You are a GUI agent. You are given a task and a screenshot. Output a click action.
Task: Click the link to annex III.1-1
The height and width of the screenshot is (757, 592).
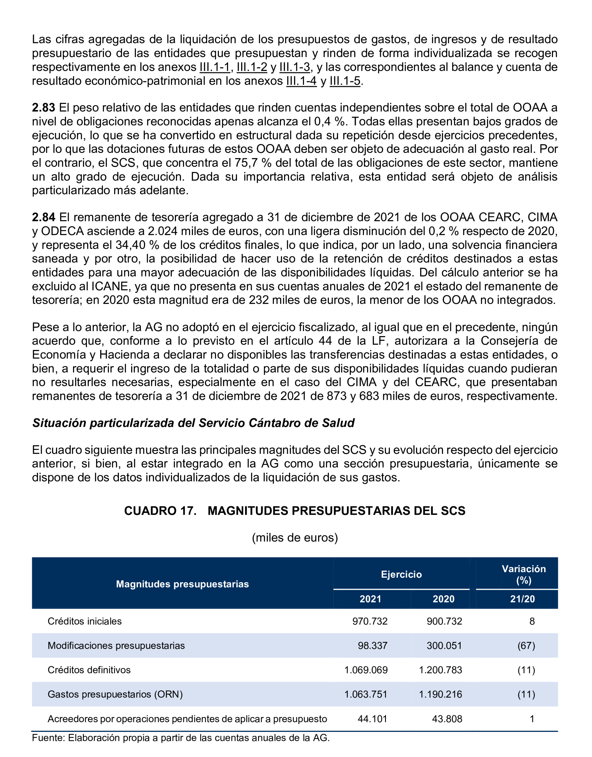(x=215, y=67)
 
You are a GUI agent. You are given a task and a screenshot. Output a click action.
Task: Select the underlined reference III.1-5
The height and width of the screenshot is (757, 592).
(x=345, y=81)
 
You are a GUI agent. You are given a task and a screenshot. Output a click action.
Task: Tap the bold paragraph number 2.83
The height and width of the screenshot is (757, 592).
(x=43, y=108)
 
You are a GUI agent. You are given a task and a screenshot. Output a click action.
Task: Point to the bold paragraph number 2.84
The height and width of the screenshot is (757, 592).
(x=43, y=217)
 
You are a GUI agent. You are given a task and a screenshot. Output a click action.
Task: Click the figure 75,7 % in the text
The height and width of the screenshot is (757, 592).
(x=253, y=163)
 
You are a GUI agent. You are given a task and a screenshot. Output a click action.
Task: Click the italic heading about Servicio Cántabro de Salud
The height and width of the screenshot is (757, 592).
(x=193, y=423)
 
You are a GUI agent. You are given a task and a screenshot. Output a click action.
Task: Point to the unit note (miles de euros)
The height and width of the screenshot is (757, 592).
(x=295, y=538)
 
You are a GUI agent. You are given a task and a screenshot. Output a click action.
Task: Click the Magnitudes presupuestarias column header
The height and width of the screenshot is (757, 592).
(x=182, y=584)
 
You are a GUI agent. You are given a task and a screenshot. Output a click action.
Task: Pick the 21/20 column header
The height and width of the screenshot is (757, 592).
(x=522, y=599)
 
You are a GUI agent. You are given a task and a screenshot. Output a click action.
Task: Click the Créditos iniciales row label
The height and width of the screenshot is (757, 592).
(x=85, y=621)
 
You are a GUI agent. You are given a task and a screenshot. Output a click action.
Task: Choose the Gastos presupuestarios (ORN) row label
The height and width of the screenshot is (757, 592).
(x=115, y=694)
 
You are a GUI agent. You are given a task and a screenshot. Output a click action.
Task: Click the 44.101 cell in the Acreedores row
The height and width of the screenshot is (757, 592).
(x=372, y=719)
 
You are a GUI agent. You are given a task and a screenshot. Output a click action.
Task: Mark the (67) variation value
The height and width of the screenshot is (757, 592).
(x=526, y=645)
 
